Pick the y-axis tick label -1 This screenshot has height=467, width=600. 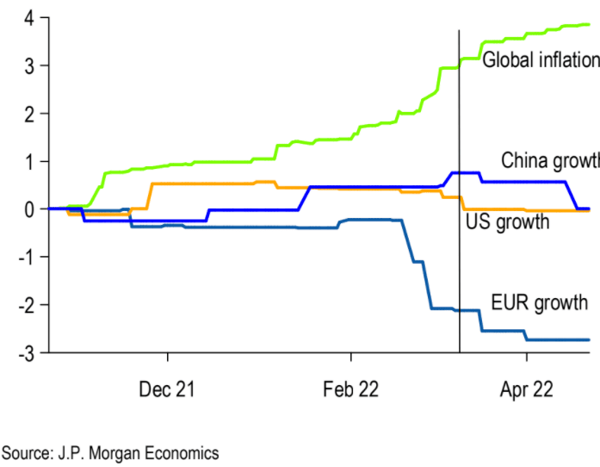click(26, 257)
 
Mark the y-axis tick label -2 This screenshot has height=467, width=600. click(26, 305)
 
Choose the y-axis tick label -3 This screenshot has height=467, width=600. click(26, 352)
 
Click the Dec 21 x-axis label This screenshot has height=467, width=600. click(167, 389)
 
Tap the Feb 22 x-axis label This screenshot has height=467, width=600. click(350, 389)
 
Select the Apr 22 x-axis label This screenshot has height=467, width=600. click(526, 389)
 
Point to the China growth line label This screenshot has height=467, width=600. click(549, 160)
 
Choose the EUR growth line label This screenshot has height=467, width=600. click(539, 302)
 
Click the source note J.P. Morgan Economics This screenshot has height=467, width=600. click(110, 452)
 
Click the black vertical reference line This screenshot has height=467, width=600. click(459, 258)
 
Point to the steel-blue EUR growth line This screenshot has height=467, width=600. click(258, 227)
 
